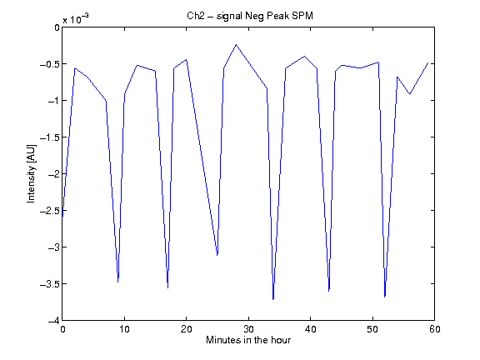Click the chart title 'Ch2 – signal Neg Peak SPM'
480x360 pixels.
250,16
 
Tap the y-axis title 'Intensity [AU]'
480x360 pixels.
31,173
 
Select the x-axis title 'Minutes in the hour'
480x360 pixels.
248,340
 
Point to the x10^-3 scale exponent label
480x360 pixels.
76,18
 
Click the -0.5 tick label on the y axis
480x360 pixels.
50,64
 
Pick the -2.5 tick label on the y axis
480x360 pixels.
50,211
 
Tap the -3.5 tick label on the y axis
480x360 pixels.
50,284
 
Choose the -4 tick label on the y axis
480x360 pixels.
54,321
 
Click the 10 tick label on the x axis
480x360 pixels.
125,329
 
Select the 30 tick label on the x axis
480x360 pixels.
248,329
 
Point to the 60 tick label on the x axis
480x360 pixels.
435,329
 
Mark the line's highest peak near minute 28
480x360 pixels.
236,45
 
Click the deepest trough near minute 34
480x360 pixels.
273,299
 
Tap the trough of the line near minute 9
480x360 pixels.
118,282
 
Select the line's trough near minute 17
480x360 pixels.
167,287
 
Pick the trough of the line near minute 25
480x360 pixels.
217,255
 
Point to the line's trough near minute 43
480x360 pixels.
329,291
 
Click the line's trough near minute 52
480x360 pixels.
385,297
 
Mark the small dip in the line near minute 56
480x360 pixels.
410,93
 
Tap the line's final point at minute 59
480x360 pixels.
428,62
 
